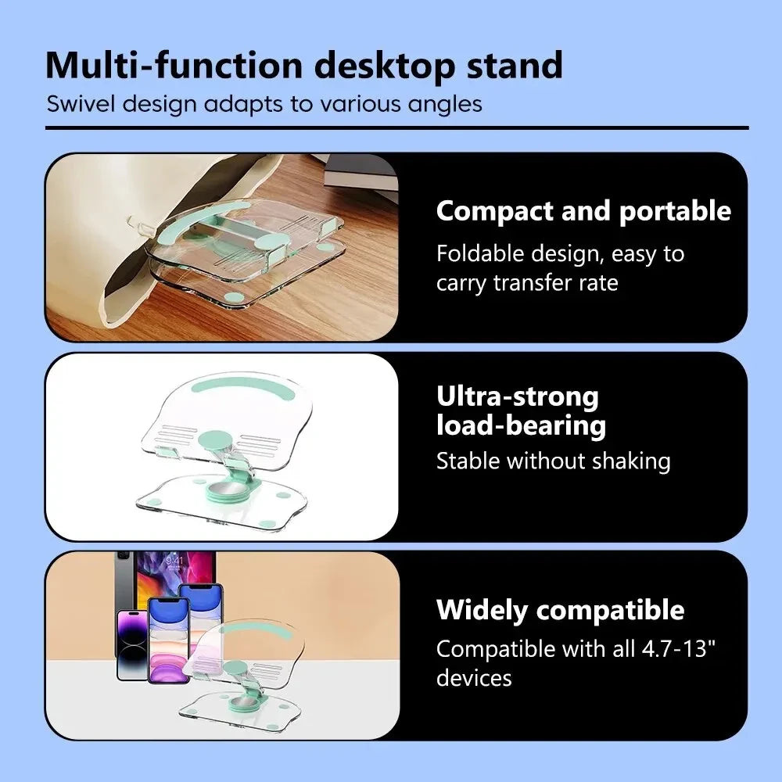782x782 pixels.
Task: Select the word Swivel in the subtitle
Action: (81, 104)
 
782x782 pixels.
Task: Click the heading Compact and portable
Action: (583, 211)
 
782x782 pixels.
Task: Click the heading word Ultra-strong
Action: (518, 396)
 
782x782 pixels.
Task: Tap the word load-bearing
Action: (521, 426)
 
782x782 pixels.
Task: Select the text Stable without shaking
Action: (554, 461)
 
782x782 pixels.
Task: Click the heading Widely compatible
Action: (561, 610)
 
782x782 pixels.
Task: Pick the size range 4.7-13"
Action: (679, 649)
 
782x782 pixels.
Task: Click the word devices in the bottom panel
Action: (475, 678)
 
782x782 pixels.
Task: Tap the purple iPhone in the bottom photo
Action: (132, 645)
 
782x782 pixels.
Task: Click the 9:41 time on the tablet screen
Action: (174, 561)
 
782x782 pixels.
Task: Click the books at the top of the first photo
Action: (360, 171)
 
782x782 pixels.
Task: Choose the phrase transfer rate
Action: (555, 283)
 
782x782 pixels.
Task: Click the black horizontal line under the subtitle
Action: (397, 128)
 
